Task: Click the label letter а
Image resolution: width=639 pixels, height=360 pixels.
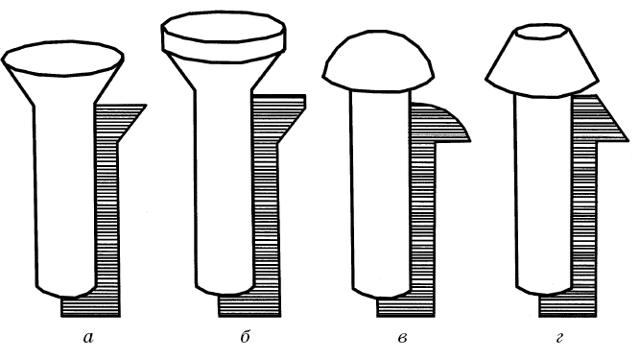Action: tap(88, 338)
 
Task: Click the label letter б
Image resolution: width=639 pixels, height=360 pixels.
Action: tap(245, 337)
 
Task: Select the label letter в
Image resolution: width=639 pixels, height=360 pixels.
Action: tap(402, 338)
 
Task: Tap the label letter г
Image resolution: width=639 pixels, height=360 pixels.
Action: tap(558, 338)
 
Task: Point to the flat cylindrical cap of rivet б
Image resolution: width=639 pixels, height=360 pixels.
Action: tap(224, 36)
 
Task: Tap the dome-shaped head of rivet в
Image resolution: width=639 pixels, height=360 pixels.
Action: tap(379, 61)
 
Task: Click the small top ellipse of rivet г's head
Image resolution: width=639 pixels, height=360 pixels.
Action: tap(541, 33)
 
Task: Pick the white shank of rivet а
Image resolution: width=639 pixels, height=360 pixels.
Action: tap(65, 196)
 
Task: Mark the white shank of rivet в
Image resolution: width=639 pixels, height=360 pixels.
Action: tap(380, 192)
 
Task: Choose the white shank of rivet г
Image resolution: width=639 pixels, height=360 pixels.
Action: tap(543, 192)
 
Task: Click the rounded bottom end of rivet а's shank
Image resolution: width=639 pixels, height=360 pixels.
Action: tap(66, 291)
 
